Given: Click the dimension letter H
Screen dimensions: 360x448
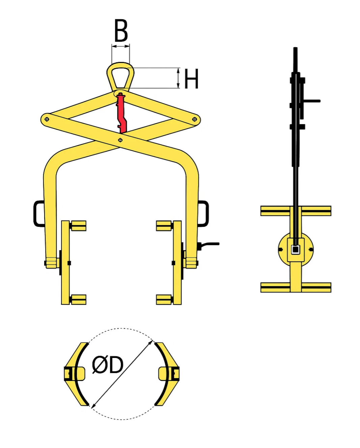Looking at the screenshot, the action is (x=191, y=79).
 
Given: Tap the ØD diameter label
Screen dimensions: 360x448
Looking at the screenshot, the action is (x=108, y=365).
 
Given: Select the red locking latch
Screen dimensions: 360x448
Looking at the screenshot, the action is (x=121, y=113).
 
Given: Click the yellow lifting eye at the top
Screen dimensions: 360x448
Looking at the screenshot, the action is (x=120, y=76).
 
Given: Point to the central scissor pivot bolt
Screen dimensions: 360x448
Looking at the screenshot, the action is (x=120, y=140).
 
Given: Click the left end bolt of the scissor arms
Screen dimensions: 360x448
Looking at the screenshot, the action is (x=47, y=119).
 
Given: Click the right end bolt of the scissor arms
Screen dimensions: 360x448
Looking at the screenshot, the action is (x=194, y=119).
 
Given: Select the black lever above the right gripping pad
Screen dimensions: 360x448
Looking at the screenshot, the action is (x=209, y=244).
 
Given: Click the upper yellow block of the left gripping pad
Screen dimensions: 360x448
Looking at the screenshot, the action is (x=78, y=226).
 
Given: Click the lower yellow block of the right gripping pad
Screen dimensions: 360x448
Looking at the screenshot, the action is (x=164, y=299).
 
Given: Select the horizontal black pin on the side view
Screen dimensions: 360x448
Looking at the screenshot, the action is (x=311, y=101).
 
